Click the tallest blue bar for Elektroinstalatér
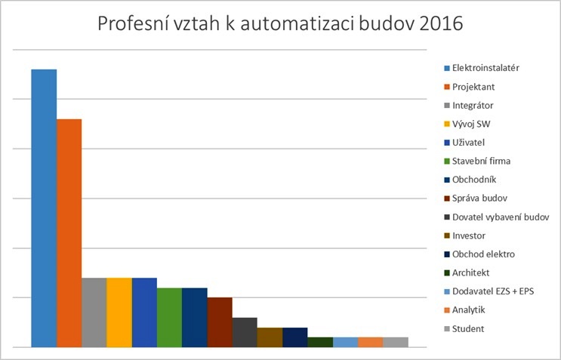click(44, 208)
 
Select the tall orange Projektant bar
click(69, 232)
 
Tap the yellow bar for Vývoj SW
click(119, 312)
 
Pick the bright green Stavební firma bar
click(169, 317)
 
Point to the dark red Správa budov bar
click(220, 322)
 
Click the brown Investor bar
click(270, 337)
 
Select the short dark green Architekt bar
click(320, 342)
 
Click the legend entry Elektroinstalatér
click(485, 68)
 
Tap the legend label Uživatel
click(468, 142)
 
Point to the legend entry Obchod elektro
click(483, 254)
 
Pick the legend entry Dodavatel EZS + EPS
click(492, 291)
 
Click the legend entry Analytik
click(468, 309)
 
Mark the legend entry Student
click(468, 328)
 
